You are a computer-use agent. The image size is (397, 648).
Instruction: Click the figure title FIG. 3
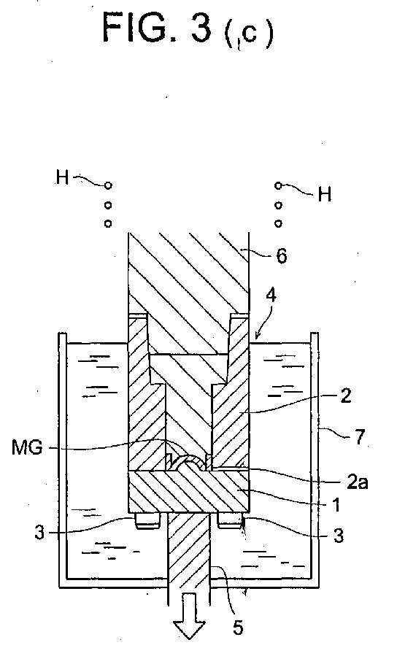pos(157,27)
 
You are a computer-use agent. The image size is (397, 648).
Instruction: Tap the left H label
pos(62,177)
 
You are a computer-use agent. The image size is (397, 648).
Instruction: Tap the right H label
pos(325,193)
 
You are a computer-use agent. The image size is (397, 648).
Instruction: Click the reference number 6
pos(281,256)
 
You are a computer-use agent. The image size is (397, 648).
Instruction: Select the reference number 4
pos(271,296)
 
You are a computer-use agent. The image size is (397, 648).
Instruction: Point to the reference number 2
pos(345,396)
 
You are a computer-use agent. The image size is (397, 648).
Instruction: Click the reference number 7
pos(360,437)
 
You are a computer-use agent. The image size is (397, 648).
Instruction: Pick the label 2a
pos(357,482)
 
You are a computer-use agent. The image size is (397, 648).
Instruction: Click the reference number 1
pos(336,504)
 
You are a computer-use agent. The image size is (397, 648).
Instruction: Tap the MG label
pos(27,447)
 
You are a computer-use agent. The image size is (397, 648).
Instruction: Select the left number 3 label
pos(39,532)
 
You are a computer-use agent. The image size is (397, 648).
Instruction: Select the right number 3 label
pos(339,536)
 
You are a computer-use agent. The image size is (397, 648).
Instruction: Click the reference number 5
pos(238,628)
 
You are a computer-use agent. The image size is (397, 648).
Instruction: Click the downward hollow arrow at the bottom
pos(189,616)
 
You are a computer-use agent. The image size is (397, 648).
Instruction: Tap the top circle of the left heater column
pos(108,185)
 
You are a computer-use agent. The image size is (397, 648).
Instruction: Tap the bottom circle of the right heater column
pos(279,223)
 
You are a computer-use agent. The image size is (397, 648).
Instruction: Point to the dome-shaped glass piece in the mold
pos(189,460)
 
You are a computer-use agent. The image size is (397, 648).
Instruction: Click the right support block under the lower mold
pos(230,521)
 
